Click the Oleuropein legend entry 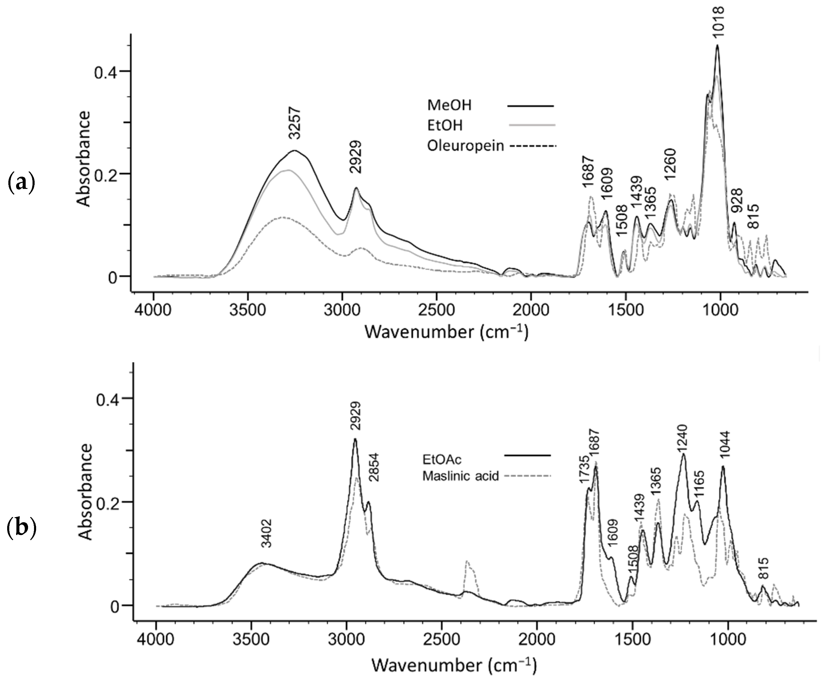point(465,146)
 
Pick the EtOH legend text point(445,126)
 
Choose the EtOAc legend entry point(439,459)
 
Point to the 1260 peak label point(670,164)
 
